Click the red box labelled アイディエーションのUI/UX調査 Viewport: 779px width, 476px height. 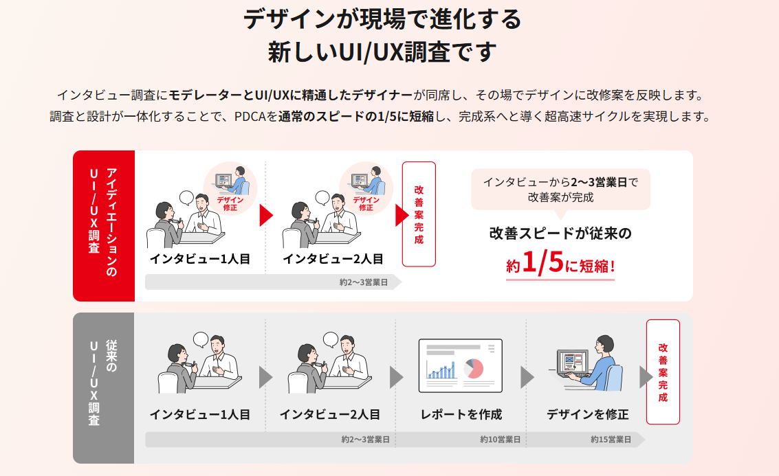coord(103,226)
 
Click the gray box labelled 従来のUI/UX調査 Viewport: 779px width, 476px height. coord(103,388)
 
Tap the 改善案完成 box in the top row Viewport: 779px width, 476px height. coord(419,214)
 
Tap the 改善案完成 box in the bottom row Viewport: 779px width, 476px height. coord(663,372)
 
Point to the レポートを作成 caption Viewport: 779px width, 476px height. coord(461,414)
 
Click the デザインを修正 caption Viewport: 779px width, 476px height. coord(587,414)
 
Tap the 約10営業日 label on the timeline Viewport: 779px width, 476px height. coord(500,440)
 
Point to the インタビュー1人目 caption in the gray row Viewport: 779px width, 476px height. coord(199,414)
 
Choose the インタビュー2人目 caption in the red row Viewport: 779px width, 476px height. coord(333,258)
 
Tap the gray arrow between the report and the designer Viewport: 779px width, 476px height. coord(527,377)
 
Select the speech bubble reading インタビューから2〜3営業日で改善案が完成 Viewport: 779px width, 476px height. coord(560,189)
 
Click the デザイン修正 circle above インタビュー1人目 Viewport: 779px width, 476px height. coord(230,188)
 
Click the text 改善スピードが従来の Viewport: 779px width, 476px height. coord(560,234)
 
